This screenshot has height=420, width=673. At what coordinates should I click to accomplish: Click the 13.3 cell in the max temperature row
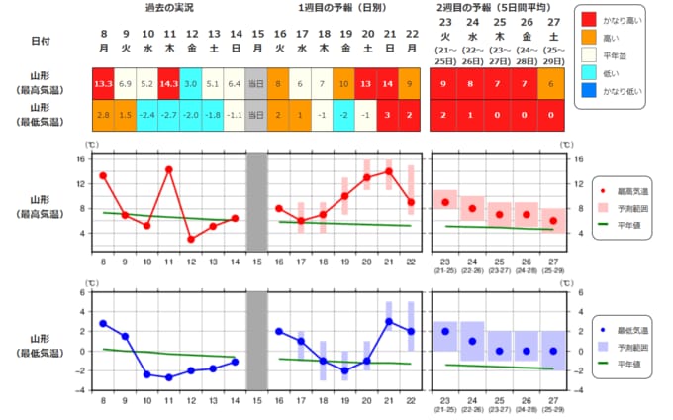pyautogui.click(x=103, y=84)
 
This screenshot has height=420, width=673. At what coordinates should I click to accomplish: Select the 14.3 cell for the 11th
pyautogui.click(x=168, y=84)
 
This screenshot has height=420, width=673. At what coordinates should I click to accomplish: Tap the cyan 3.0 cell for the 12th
pyautogui.click(x=190, y=84)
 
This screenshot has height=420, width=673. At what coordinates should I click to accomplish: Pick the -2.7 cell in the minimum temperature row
pyautogui.click(x=168, y=116)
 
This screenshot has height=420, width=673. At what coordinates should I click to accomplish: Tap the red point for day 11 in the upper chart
pyautogui.click(x=168, y=169)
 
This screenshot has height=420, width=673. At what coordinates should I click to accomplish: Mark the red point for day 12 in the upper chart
pyautogui.click(x=190, y=239)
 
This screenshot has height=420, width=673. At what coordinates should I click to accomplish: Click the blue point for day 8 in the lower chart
pyautogui.click(x=103, y=323)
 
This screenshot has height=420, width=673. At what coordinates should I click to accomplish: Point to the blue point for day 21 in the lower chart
pyautogui.click(x=389, y=321)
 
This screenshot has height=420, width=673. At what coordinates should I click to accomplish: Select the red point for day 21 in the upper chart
pyautogui.click(x=389, y=171)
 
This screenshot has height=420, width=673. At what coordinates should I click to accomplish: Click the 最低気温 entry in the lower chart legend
pyautogui.click(x=634, y=329)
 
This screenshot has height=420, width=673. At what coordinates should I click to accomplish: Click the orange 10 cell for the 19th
pyautogui.click(x=345, y=84)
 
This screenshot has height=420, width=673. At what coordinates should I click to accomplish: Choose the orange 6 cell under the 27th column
pyautogui.click(x=551, y=84)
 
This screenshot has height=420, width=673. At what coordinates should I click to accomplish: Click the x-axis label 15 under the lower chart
pyautogui.click(x=255, y=399)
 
